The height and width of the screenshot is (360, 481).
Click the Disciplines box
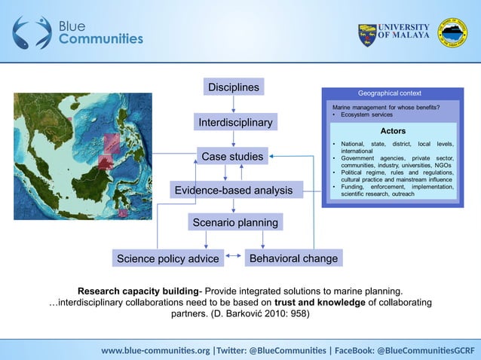click(234, 87)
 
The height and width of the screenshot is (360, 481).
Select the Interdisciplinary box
click(234, 122)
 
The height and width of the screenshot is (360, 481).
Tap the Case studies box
click(231, 157)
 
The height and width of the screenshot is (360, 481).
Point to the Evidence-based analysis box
click(234, 191)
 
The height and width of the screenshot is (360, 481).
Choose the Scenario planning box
click(234, 223)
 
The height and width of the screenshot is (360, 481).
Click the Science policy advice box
click(167, 259)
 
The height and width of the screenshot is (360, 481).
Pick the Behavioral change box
click(293, 258)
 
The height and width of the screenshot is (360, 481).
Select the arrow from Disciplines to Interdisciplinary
click(234, 105)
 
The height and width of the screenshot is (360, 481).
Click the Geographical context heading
click(389, 93)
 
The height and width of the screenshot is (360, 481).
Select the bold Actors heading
click(392, 131)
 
